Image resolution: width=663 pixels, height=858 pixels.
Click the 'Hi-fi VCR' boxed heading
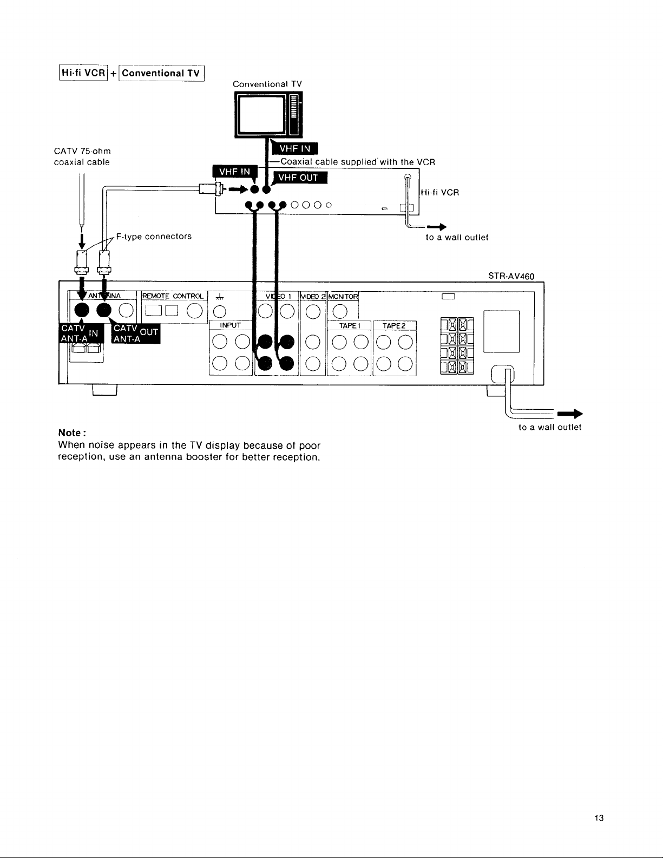pos(83,73)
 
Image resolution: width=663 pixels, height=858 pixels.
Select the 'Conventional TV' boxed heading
pos(161,73)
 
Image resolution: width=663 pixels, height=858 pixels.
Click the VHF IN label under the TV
pos(295,148)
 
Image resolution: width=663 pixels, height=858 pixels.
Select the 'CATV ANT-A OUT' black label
pos(136,333)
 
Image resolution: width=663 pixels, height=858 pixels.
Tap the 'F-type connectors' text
pos(154,236)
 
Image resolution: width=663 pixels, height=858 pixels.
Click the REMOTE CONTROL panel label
pos(173,296)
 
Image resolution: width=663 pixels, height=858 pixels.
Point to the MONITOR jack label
pos(343,297)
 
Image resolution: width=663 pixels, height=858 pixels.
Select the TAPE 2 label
pos(394,326)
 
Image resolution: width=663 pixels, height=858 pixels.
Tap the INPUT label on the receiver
pos(231,325)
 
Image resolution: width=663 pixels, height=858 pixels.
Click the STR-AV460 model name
pos(511,276)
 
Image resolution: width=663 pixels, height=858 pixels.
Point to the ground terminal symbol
pos(220,296)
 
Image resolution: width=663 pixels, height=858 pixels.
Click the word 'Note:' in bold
pos(72,433)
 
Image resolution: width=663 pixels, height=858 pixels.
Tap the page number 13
pos(599,818)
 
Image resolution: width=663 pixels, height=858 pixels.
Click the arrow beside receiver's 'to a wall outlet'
pos(570,414)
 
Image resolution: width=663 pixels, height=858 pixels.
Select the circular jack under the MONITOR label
pos(340,312)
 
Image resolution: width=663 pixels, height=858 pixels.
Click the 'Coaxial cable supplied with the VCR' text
pos(358,162)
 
